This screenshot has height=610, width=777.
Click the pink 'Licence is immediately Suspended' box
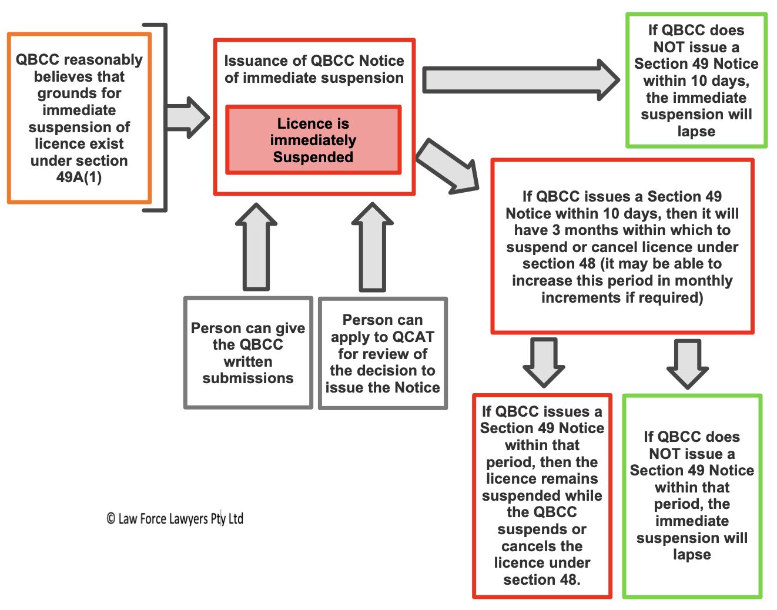click(313, 140)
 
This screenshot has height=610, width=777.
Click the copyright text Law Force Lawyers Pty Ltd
click(175, 519)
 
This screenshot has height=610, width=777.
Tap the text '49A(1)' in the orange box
click(79, 177)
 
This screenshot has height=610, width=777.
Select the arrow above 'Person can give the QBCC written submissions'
click(256, 247)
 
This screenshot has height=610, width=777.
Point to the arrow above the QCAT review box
click(372, 247)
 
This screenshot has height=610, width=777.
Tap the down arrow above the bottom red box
click(544, 361)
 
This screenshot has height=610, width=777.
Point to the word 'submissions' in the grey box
click(248, 378)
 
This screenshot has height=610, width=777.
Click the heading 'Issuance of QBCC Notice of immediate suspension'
click(314, 69)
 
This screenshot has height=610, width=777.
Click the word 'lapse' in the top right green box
click(696, 132)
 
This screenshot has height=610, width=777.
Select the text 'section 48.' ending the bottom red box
click(542, 580)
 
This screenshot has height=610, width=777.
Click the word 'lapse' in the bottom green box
click(692, 555)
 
